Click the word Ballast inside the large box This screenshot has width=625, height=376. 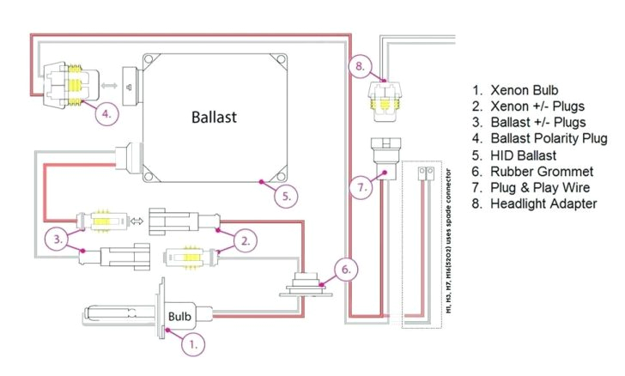coord(213,116)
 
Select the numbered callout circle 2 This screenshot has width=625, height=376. coord(245,240)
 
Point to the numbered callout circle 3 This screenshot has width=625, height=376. coord(58,240)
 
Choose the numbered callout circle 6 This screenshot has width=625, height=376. coord(343,270)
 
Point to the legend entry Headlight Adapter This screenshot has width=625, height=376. coord(543,203)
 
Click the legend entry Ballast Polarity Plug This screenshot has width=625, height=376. coord(549,138)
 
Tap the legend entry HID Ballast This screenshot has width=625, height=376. coord(526,155)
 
